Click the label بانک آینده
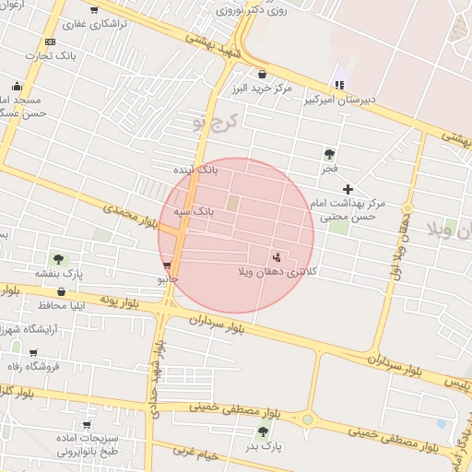tap(196, 170)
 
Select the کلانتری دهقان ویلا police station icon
tap(277, 256)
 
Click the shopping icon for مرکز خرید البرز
tap(262, 74)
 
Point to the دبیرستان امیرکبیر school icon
tap(340, 85)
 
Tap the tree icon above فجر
tap(329, 154)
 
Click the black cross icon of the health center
tap(348, 188)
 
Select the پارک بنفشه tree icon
tap(59, 259)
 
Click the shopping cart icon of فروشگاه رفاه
tap(34, 352)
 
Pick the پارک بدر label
tap(264, 446)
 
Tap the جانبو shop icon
tap(166, 265)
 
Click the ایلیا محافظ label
tap(66, 304)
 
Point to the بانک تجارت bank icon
tap(50, 41)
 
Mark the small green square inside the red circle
tap(233, 202)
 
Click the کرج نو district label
tap(216, 121)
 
